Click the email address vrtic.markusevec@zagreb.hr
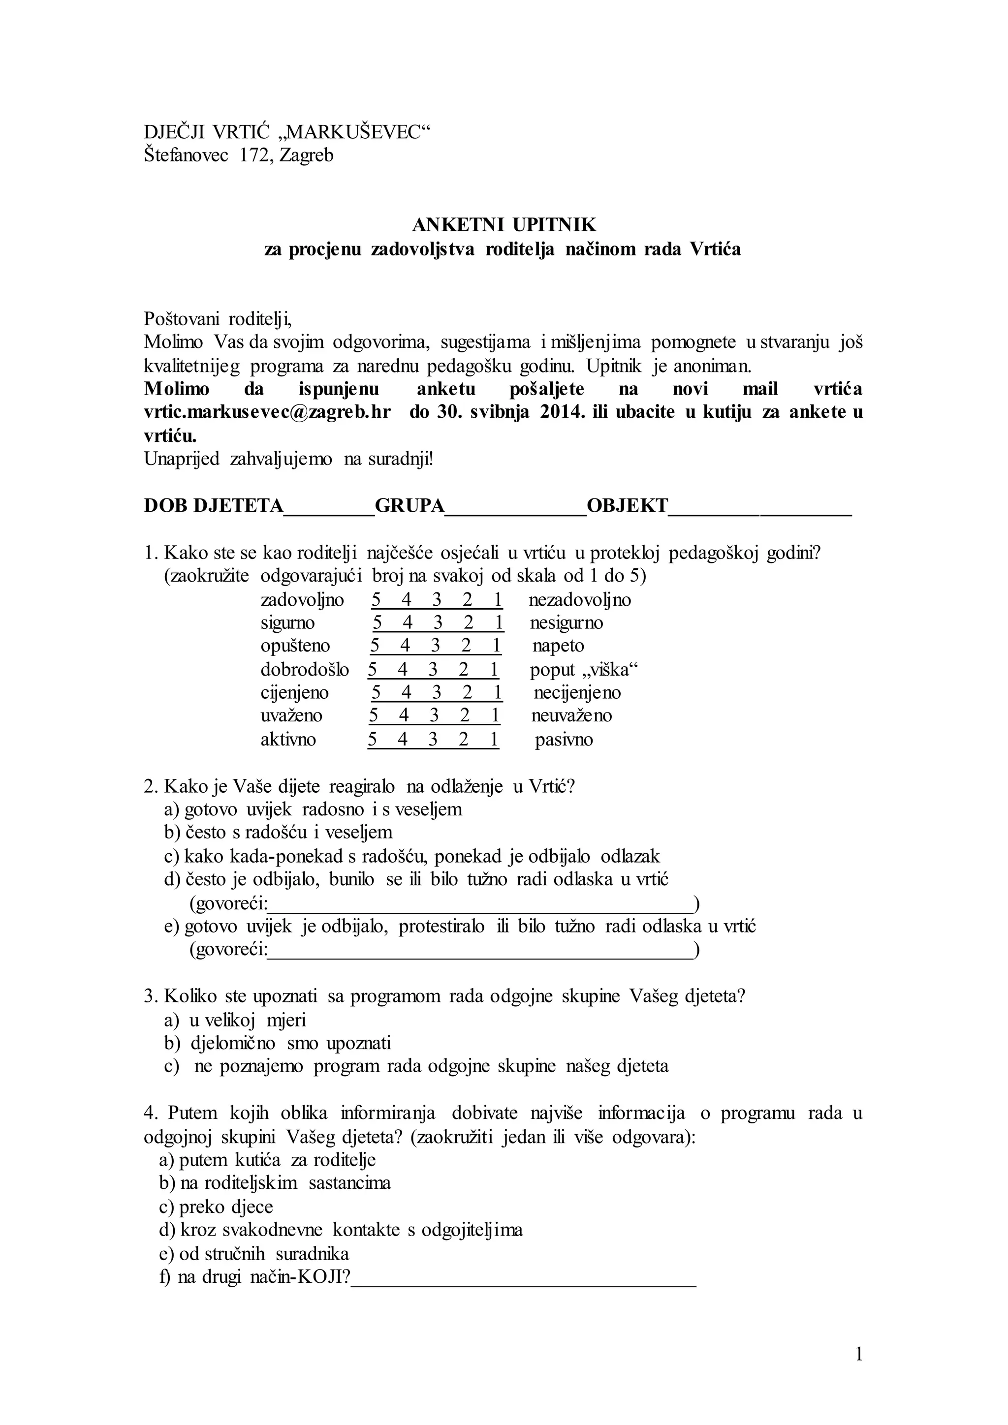click(267, 413)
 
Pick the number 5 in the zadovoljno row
click(376, 600)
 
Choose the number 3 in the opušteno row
click(435, 646)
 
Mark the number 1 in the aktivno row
click(494, 740)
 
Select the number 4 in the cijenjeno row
click(407, 693)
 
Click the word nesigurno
click(566, 622)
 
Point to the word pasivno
click(564, 740)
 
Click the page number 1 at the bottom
click(859, 1354)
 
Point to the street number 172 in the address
click(254, 155)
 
